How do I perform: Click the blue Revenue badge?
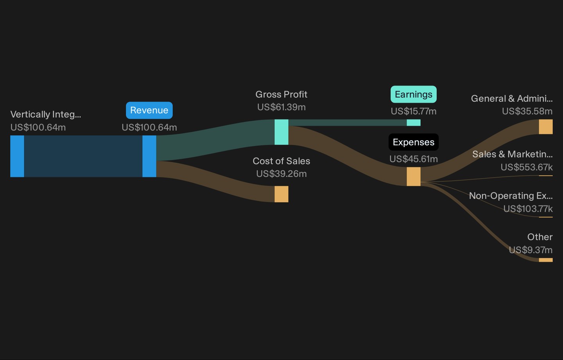[x=149, y=110]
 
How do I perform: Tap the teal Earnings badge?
[x=414, y=94]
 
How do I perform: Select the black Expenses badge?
[x=414, y=142]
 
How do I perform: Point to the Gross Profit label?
[x=281, y=95]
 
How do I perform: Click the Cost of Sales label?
[x=281, y=161]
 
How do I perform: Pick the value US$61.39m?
[x=281, y=107]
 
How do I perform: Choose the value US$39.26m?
[x=281, y=174]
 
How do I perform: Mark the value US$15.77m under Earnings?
[x=414, y=111]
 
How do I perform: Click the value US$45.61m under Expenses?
[x=414, y=159]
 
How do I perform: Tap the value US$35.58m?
[x=527, y=111]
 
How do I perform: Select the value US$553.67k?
[x=527, y=167]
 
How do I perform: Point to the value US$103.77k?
[x=528, y=209]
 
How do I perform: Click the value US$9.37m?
[x=531, y=250]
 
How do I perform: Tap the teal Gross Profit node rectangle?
[x=281, y=132]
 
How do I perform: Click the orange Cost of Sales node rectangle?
[x=281, y=194]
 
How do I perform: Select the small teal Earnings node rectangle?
[x=414, y=122]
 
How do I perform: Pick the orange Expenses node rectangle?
[x=414, y=176]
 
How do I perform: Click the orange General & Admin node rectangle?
[x=546, y=127]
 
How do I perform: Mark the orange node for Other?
[x=546, y=260]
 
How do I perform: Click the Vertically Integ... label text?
[x=45, y=115]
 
